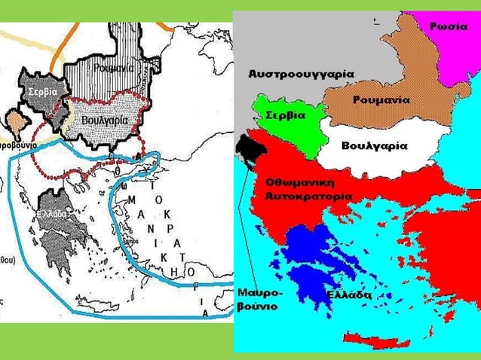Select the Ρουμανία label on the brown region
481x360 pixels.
(381, 99)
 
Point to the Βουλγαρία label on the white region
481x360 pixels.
(374, 145)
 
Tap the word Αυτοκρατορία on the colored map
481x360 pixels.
(308, 196)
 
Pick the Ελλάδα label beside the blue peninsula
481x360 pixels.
(348, 295)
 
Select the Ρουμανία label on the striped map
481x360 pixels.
(114, 68)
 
